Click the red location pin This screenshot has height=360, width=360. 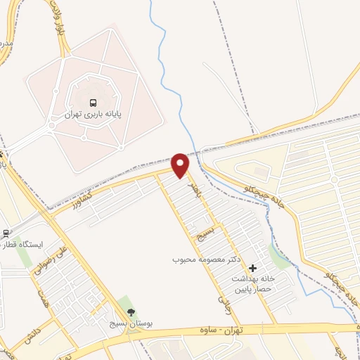[181, 164]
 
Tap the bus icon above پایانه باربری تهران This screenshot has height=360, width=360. [93, 103]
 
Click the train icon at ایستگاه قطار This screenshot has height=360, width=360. [6, 233]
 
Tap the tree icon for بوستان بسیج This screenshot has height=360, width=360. [128, 311]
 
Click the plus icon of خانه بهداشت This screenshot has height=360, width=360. [252, 267]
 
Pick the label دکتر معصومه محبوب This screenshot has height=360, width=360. [207, 259]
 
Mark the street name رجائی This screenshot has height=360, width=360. [224, 303]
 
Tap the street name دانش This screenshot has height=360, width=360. [31, 333]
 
